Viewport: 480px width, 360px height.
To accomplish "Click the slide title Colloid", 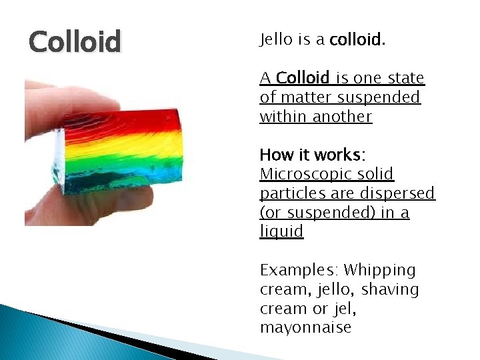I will tap(75, 42).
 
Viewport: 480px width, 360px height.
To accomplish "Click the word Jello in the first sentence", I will tap(277, 40).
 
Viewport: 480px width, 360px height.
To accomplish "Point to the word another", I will tap(343, 117).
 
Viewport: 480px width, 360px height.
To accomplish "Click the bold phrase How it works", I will tap(310, 155).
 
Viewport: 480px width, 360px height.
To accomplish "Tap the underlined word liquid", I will tap(281, 231).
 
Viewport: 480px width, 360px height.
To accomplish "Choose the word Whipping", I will tap(380, 270).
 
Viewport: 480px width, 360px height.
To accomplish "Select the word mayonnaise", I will tap(305, 328).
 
